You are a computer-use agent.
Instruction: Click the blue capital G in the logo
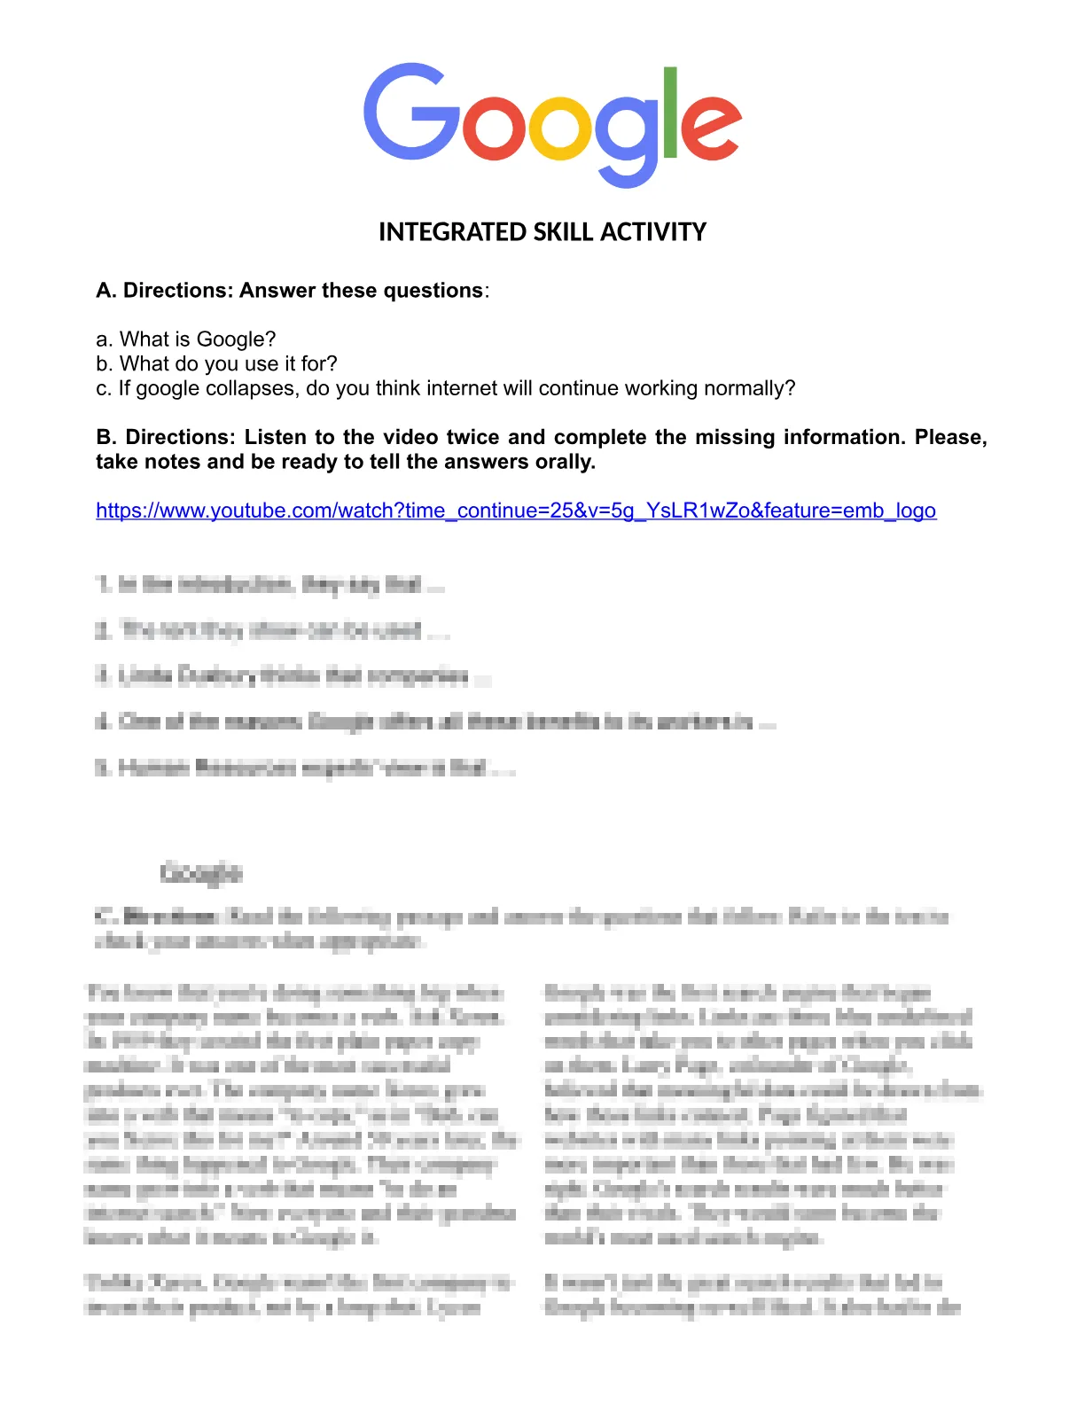(x=411, y=112)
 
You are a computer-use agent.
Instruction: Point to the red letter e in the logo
(x=710, y=129)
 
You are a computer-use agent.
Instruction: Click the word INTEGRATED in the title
(x=452, y=232)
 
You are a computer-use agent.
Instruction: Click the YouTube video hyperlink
(x=516, y=511)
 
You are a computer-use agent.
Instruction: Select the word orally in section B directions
(x=564, y=462)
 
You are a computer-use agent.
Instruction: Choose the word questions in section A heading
(x=437, y=291)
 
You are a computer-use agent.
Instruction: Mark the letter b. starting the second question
(x=104, y=364)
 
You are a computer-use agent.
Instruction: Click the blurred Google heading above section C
(x=201, y=873)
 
